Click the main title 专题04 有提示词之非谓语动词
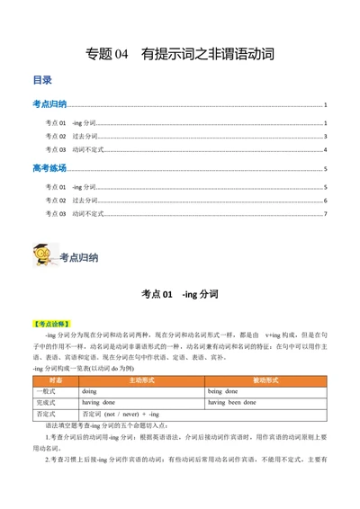(x=179, y=54)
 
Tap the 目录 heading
(x=42, y=80)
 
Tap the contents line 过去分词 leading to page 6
(x=64, y=201)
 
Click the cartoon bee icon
(x=41, y=254)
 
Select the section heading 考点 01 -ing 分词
(x=179, y=293)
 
